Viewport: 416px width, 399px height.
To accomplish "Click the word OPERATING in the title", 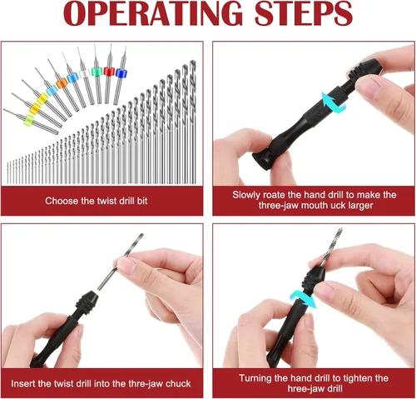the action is point(152,13).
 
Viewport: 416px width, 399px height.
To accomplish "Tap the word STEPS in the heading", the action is point(304,13).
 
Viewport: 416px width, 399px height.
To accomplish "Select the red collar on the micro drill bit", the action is point(109,72).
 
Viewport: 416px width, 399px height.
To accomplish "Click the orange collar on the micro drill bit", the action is point(62,83).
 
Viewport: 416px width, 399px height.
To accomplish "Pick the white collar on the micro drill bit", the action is point(83,73).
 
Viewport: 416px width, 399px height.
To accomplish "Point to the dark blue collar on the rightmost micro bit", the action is point(121,73).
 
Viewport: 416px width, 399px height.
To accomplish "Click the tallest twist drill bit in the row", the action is point(192,122).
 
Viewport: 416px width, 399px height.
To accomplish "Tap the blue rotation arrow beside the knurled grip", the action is point(334,103).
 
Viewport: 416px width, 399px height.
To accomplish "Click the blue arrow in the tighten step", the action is point(303,299).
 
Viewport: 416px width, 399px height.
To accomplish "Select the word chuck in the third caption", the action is point(178,384).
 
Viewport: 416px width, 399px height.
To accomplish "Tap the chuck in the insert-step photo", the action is point(85,301).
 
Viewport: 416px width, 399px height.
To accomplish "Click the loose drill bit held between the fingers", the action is point(121,262).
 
